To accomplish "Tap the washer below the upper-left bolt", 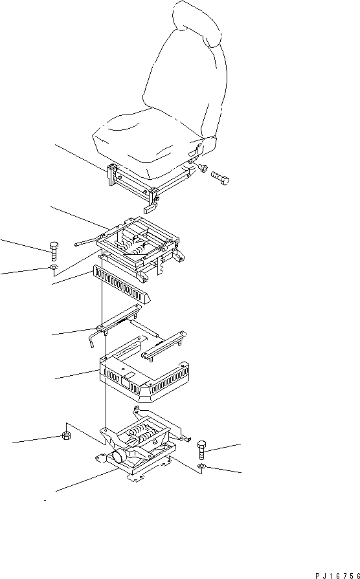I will pos(53,267).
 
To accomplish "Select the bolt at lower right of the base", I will pos(201,446).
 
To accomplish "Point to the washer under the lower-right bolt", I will pos(202,466).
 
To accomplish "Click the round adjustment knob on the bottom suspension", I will pos(119,457).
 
